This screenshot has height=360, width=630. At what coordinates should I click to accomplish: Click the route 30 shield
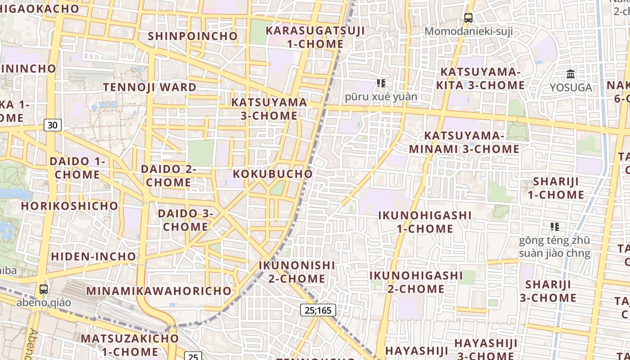53,125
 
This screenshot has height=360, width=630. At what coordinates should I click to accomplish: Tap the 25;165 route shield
318,310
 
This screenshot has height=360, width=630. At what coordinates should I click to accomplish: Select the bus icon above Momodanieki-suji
468,18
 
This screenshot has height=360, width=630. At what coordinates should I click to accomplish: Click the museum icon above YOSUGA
571,74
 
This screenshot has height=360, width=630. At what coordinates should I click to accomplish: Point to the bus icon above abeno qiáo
44,289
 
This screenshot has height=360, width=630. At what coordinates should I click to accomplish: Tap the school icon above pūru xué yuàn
381,83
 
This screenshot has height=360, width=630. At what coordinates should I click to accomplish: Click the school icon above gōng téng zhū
554,226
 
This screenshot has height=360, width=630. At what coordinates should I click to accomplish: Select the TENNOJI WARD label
150,87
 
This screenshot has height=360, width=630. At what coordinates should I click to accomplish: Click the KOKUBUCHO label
273,174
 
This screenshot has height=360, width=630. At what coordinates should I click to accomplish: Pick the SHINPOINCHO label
193,36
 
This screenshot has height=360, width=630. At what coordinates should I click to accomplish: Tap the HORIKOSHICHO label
70,206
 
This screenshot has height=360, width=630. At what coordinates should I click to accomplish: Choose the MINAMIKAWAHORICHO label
159,291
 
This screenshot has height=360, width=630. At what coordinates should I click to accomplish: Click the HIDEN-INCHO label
94,256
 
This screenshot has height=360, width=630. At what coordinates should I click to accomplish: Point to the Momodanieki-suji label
468,31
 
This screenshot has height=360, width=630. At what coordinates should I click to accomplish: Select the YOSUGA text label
571,87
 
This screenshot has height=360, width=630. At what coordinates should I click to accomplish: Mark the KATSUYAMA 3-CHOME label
269,109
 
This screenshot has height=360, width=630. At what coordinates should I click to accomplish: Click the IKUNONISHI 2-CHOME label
297,272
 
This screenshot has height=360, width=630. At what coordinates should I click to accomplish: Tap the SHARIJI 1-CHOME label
556,188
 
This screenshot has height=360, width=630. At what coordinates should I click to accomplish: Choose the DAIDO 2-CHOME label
168,175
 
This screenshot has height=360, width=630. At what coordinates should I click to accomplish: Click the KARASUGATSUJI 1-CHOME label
315,37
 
